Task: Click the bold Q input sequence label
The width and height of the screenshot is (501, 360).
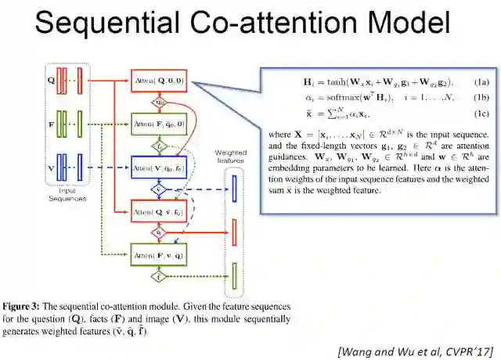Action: point(50,80)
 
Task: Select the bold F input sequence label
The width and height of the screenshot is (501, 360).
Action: point(50,123)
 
